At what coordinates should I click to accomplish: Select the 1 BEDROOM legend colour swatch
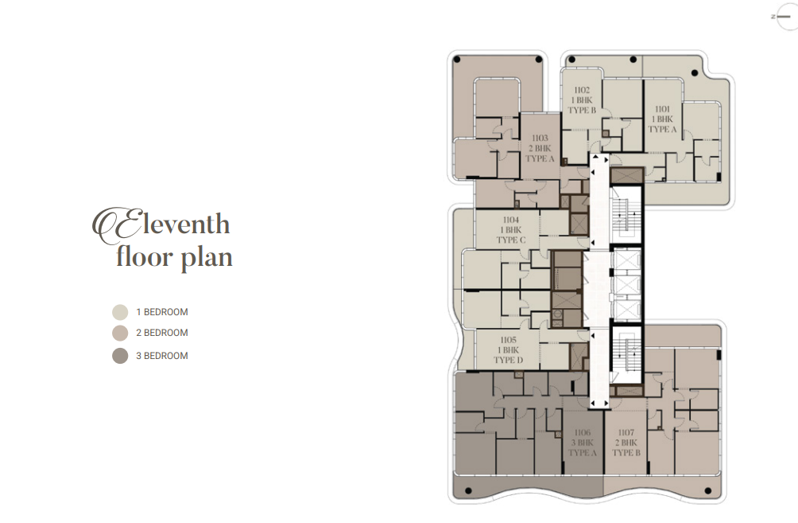(x=120, y=312)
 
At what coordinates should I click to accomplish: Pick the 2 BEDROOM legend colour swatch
(x=120, y=333)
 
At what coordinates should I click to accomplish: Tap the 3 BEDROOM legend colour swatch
(x=120, y=356)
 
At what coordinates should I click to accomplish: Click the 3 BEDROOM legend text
(x=162, y=356)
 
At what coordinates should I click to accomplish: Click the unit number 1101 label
(x=662, y=109)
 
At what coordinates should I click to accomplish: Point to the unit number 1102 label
(x=582, y=90)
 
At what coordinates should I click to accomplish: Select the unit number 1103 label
(x=540, y=139)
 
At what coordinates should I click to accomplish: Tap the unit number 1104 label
(x=511, y=220)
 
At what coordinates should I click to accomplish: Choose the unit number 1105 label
(x=509, y=340)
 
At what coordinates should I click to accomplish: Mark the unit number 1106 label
(x=583, y=433)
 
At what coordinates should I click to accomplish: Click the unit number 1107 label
(x=626, y=433)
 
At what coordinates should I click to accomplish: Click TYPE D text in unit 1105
(x=509, y=360)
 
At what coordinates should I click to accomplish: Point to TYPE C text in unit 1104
(x=511, y=240)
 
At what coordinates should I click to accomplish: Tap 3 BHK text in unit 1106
(x=583, y=443)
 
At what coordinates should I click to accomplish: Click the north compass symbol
(x=784, y=16)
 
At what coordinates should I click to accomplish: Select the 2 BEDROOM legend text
(x=162, y=333)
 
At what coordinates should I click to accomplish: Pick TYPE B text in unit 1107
(x=626, y=453)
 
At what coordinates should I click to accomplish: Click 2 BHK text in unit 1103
(x=540, y=148)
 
